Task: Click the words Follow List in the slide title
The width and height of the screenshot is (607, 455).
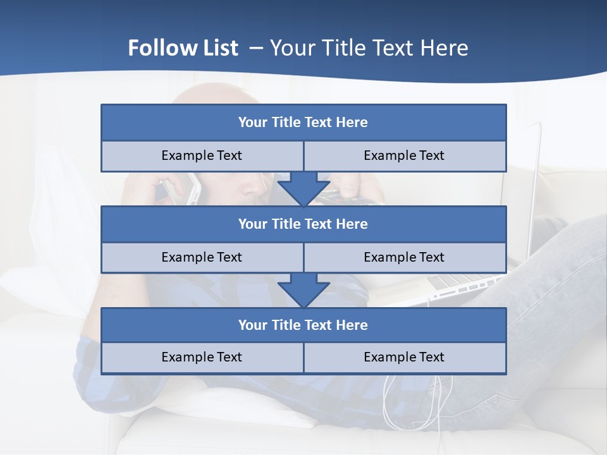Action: click(183, 48)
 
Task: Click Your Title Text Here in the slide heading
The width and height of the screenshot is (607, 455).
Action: click(369, 48)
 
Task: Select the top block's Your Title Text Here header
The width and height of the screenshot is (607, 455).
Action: click(303, 123)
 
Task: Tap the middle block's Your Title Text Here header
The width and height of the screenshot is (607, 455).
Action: click(303, 224)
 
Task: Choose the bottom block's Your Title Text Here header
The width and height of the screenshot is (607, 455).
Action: click(303, 325)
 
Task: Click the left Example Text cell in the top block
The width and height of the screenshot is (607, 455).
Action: click(202, 155)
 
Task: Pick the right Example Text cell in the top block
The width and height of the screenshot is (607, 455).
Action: click(404, 155)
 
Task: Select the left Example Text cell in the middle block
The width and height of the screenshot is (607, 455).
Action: click(202, 257)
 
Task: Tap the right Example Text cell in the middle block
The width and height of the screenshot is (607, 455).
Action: click(404, 257)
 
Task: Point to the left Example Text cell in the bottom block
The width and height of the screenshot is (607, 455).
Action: click(202, 357)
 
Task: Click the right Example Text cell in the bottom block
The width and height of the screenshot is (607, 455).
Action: click(404, 357)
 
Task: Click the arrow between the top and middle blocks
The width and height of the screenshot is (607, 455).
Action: click(303, 190)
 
